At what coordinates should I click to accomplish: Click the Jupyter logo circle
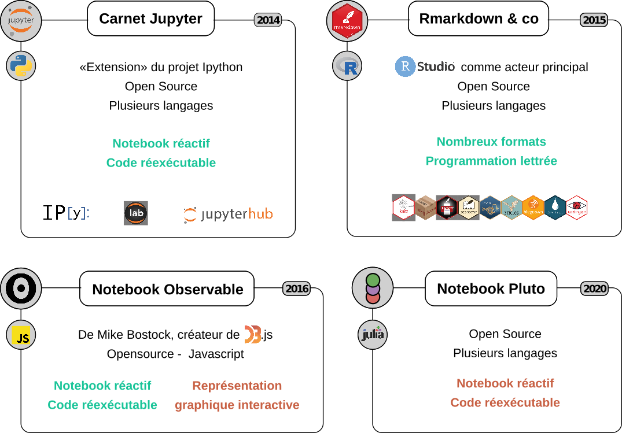point(21,21)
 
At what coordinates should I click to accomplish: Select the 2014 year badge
point(268,20)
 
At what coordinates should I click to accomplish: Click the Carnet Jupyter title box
point(150,18)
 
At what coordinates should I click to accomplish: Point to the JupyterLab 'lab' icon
point(136,213)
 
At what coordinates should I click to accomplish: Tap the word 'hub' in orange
point(260,214)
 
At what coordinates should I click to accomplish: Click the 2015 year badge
point(594,20)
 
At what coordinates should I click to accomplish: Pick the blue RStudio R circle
point(405,66)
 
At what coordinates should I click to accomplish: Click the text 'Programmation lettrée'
point(491,161)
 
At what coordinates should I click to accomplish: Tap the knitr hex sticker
point(404,208)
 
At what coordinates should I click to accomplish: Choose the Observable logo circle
point(21,288)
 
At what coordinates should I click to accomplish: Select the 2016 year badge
point(296,288)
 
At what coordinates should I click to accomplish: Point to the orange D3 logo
point(252,334)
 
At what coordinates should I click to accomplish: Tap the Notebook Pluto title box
point(491,288)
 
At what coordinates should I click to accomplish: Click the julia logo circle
point(373,335)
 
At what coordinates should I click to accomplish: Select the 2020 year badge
point(594,288)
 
